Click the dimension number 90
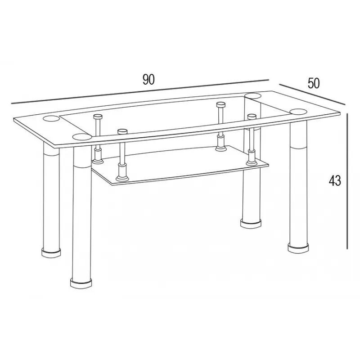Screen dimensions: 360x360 click(148, 80)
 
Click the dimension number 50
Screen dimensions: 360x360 click(313, 83)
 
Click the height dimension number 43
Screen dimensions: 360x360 click(335, 180)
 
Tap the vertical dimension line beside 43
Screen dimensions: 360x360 click(348, 181)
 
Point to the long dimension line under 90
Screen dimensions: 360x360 click(140, 92)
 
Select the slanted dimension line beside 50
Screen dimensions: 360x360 click(312, 94)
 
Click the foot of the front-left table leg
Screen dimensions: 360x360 click(81, 283)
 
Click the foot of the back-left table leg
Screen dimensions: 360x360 click(51, 252)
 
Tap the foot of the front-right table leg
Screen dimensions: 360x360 click(298, 249)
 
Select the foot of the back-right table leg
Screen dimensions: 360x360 click(251, 223)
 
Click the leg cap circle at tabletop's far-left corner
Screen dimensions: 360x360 click(51, 119)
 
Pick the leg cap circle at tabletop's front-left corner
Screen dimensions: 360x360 click(82, 137)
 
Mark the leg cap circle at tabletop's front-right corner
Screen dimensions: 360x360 click(298, 112)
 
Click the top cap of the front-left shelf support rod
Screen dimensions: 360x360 click(122, 131)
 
